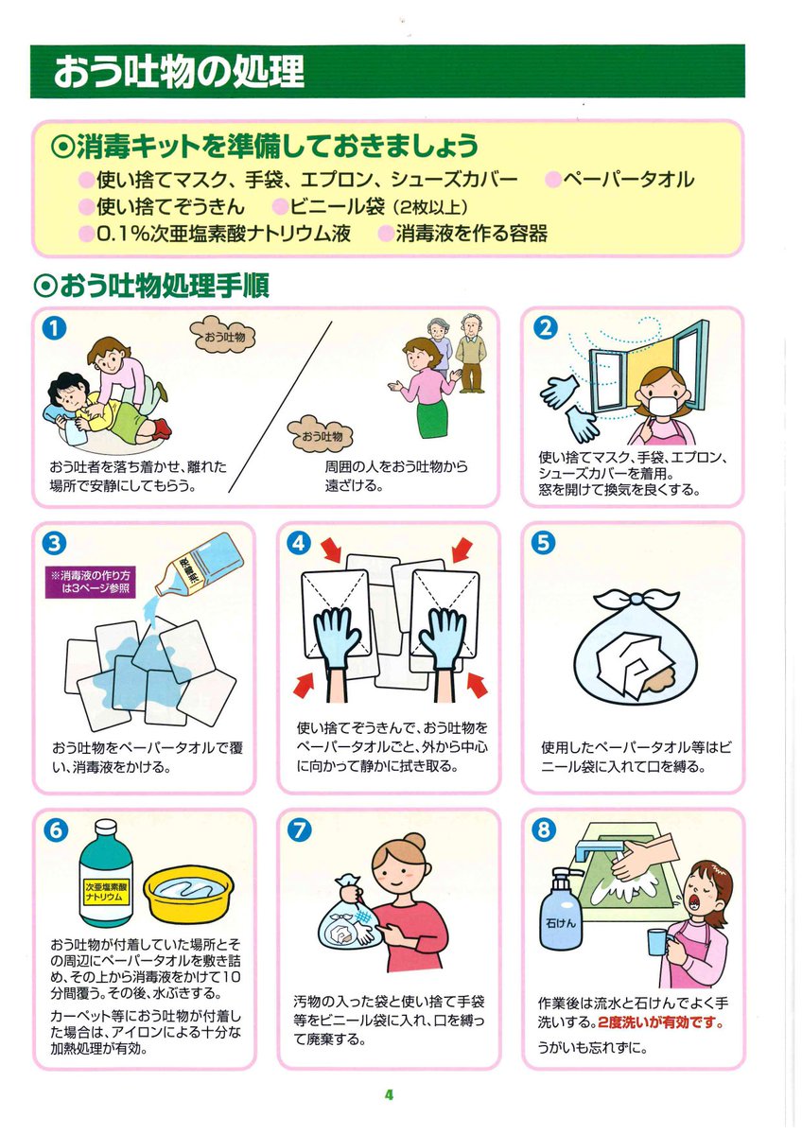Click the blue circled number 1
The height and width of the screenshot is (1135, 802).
54,328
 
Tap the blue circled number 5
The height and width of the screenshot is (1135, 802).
543,543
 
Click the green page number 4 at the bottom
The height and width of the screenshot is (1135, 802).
389,1095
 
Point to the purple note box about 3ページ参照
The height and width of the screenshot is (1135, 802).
91,582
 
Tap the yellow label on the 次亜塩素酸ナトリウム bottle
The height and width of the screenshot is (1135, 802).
106,891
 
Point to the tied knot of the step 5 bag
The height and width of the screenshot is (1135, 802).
636,600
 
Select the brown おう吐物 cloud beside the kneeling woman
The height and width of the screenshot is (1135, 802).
223,337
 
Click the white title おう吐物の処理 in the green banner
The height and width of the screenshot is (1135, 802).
180,71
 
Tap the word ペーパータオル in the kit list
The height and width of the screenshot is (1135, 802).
628,180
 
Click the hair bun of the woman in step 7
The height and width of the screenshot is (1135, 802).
414,842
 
